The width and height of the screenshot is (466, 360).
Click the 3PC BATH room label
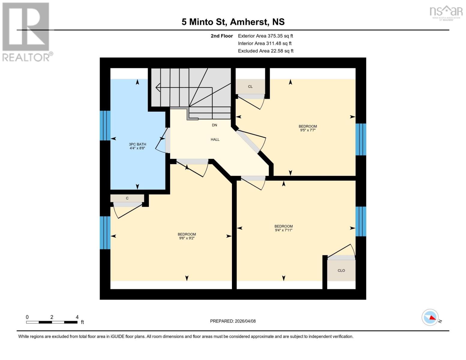tap(137, 144)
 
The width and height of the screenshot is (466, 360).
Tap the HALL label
tap(215, 139)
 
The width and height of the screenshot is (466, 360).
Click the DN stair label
tap(214, 125)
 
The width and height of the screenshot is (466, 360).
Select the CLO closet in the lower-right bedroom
tap(341, 270)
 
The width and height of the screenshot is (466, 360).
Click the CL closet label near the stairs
tap(250, 87)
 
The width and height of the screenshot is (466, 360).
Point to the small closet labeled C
tap(127, 198)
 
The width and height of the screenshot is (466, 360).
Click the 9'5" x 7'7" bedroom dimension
tap(308, 130)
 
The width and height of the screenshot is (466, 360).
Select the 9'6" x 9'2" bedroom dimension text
tap(187, 238)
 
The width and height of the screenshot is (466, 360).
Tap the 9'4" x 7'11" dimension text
tap(284, 230)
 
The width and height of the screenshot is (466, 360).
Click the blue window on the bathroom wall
tap(105, 125)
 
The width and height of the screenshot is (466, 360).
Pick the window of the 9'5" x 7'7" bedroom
tap(361, 139)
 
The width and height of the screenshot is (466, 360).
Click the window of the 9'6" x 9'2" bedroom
tap(105, 232)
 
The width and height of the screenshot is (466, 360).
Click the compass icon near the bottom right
tap(430, 317)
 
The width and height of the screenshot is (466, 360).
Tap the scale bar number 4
tap(77, 317)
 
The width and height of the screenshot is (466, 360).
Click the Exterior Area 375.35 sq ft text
tap(265, 36)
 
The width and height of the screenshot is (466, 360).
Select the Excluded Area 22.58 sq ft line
tap(266, 51)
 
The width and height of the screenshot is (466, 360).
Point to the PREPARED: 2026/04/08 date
tap(233, 321)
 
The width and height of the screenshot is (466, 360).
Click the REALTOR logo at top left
tap(26, 31)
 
